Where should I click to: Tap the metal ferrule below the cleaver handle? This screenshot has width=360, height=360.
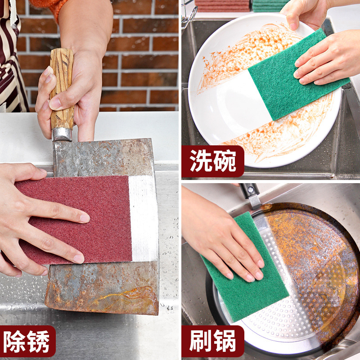tap(62, 134)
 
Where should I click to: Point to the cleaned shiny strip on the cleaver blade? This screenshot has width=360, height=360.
tap(144, 218)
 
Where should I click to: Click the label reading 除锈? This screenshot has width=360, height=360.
tap(27, 341)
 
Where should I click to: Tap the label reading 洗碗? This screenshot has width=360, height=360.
tap(213, 161)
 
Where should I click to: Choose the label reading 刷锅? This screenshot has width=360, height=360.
tap(213, 341)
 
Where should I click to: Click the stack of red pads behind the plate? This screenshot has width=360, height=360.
tap(222, 5)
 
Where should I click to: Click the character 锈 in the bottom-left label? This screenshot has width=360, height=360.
tap(38, 342)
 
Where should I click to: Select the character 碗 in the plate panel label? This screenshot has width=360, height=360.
tap(225, 161)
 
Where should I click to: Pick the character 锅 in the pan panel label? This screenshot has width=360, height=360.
tap(225, 342)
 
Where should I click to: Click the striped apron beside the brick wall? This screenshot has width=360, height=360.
tap(12, 58)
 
